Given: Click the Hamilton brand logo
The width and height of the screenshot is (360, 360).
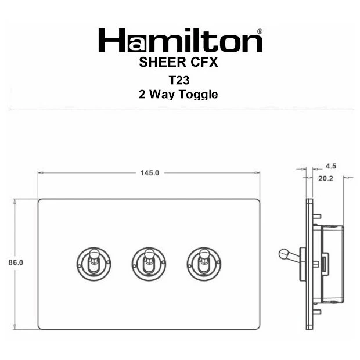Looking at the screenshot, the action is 180,41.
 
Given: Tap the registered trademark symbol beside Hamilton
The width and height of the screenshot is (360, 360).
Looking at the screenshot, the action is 260,31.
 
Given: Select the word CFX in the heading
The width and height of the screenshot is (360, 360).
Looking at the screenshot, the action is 204,62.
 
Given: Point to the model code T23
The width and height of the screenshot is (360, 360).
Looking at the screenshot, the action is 179,80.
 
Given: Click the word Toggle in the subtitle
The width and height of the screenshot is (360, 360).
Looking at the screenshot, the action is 199,95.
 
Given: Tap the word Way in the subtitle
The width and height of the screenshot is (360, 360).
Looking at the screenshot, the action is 161,95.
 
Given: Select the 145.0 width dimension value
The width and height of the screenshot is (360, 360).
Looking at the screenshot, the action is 150,173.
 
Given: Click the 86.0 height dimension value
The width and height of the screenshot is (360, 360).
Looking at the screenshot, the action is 16,262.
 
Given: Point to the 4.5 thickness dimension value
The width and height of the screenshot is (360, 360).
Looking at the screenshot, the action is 330,166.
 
